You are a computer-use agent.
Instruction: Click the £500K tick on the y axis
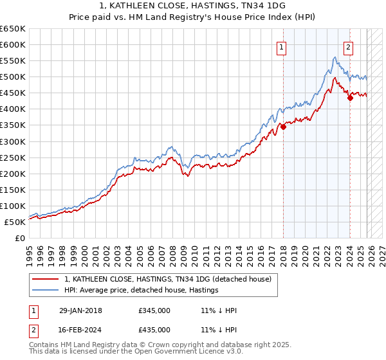13,77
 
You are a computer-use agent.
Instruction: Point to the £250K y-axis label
13,157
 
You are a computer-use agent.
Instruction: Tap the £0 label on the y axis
20,239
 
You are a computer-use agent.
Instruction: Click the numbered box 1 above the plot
282,46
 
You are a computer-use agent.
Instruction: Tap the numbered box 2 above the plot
348,46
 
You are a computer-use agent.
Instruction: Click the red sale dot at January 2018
283,127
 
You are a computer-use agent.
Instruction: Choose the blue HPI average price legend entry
142,291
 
